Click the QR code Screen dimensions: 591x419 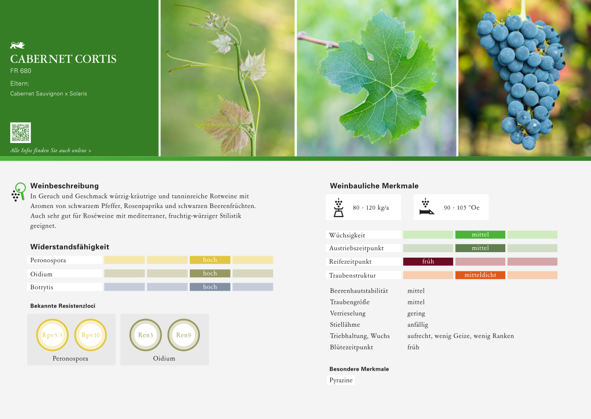click(x=20, y=132)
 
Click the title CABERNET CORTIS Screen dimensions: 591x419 click(x=63, y=59)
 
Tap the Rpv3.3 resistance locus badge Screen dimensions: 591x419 click(x=52, y=335)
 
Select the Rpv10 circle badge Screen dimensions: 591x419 click(x=90, y=335)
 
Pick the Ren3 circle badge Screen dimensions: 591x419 click(x=146, y=335)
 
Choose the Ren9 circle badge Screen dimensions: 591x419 click(x=184, y=335)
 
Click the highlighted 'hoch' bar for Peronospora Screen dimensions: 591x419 click(x=210, y=260)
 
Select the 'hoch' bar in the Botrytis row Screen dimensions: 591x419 click(x=210, y=287)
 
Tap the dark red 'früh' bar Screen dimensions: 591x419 click(x=428, y=262)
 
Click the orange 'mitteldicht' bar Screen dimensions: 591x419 click(x=480, y=275)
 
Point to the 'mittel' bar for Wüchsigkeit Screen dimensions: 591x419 click(x=480, y=235)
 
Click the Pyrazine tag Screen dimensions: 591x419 click(x=341, y=380)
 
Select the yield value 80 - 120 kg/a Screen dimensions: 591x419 click(x=371, y=207)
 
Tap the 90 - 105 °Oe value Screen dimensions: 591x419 click(x=462, y=207)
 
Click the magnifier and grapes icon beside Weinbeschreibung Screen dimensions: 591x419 click(x=18, y=192)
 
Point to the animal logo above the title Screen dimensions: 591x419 click(x=17, y=46)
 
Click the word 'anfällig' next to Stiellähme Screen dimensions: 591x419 click(x=418, y=325)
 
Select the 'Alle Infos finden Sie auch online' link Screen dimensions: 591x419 click(x=51, y=150)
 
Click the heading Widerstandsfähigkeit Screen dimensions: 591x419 click(x=69, y=247)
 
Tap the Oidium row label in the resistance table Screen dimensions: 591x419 click(x=41, y=274)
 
